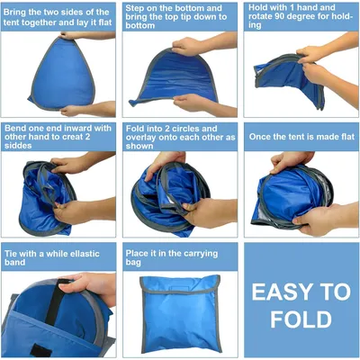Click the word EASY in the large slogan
point(278,292)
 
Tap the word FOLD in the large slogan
point(301,319)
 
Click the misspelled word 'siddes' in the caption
point(18,146)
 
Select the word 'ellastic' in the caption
point(85,254)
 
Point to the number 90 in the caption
point(280,16)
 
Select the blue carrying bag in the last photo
point(180,314)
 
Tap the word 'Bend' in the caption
point(14,129)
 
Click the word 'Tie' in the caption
point(11,254)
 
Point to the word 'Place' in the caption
point(137,254)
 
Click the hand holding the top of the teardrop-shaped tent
point(74,35)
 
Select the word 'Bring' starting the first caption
point(14,13)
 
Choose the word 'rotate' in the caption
point(260,16)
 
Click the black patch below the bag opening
point(40,350)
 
